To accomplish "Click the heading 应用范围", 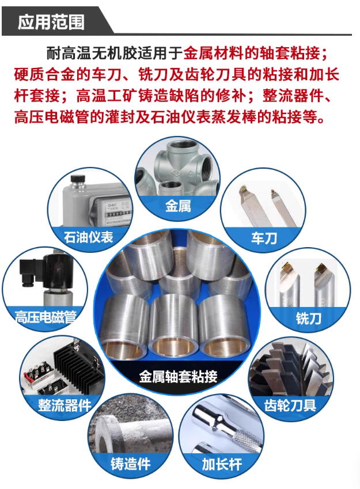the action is [x=51, y=22].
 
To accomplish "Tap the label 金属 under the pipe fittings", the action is [x=178, y=206].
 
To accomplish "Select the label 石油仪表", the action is [x=89, y=237].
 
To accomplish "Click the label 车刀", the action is [x=264, y=238].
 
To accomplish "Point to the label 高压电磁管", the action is [x=46, y=317].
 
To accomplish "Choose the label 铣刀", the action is [x=308, y=319].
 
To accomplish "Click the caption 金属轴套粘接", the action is [x=178, y=376].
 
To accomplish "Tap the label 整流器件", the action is [x=65, y=405].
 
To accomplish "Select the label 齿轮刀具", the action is [x=290, y=405].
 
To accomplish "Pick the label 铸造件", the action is [x=131, y=464].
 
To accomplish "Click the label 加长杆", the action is [x=222, y=464].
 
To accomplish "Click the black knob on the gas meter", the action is [x=78, y=180].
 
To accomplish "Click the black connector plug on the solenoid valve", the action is [x=29, y=273].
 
